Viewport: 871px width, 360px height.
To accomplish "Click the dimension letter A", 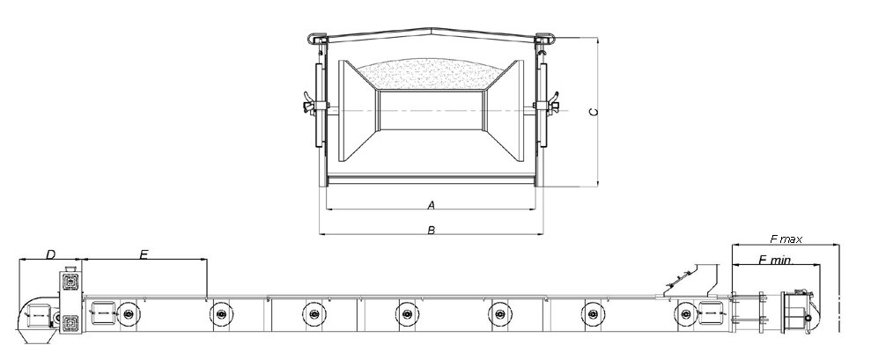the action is pos(431,206).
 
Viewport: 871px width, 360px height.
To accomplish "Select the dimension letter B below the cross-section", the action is pos(431,230).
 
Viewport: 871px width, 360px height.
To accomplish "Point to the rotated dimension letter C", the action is pos(594,112).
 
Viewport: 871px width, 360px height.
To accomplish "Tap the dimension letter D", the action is pos(50,254).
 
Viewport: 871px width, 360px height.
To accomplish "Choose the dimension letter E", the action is pos(144,254).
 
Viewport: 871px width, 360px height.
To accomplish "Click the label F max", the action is pos(786,239).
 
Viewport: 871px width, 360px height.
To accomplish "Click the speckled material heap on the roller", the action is pos(431,73).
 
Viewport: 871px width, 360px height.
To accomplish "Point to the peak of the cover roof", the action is pos(432,26).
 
